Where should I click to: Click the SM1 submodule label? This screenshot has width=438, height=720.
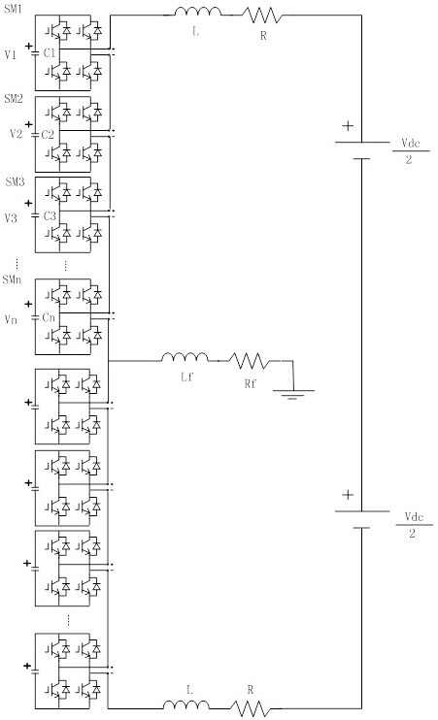coord(13,9)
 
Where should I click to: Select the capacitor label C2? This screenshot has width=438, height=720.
coord(48,135)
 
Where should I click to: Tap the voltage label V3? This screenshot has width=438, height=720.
coord(11,217)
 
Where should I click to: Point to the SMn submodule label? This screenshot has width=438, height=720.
coord(12,279)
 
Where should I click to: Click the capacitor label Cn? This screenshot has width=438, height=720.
coord(49,317)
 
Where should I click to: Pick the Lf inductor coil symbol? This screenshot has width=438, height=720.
coord(185,357)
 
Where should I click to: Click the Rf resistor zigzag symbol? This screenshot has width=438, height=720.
coord(250,360)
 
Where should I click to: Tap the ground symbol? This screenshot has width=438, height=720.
coord(293,394)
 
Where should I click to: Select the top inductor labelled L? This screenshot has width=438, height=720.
coord(197,11)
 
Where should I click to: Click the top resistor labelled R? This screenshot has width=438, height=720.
coord(262,15)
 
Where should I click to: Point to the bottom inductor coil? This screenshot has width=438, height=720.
coord(186,704)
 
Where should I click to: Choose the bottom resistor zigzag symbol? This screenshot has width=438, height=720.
coord(250,708)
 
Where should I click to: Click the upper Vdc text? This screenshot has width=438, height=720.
coord(411,144)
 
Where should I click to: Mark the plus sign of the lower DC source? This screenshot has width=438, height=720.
coord(349,495)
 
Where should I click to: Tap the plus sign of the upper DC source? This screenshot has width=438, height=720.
coord(349,125)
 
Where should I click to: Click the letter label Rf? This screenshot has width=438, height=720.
coord(250,383)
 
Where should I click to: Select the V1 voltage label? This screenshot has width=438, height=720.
coord(11,55)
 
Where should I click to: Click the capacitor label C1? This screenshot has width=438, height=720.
coord(50,52)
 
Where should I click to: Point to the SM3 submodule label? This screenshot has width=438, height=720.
coord(15,181)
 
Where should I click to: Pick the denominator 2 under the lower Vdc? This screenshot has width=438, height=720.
coord(412,533)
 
